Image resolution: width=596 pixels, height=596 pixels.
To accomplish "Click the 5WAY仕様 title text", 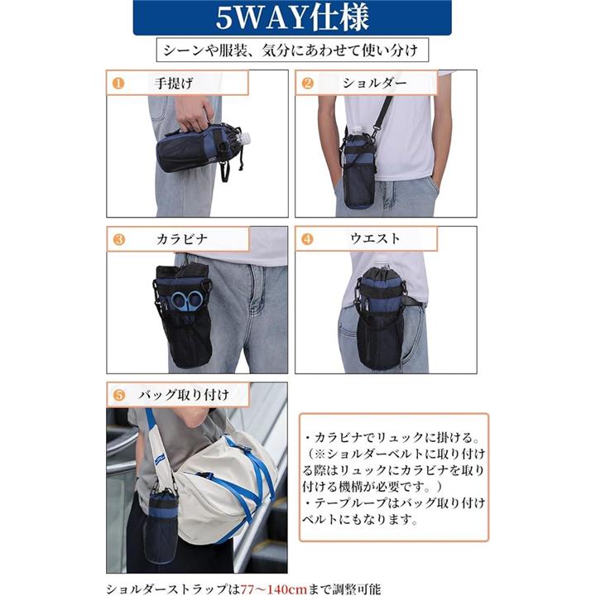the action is click(292, 17).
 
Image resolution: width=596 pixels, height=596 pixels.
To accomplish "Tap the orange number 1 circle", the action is click(118, 84).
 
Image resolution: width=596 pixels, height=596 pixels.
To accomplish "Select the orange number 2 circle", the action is click(307, 84).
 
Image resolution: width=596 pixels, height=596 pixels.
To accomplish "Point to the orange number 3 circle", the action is click(119, 239).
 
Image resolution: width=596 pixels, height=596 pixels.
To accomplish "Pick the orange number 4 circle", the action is click(307, 239).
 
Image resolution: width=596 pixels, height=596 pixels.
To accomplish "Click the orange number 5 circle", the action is click(119, 395).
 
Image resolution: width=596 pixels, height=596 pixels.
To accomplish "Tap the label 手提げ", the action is click(173, 84).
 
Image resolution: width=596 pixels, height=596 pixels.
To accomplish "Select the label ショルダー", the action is click(374, 83).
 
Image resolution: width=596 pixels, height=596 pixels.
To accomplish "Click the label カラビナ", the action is click(182, 239).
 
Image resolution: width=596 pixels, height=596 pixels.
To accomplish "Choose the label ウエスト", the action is click(375, 238).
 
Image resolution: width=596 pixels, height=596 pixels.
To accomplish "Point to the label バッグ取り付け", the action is click(184, 396).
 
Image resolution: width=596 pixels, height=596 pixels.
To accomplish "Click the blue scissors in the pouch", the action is click(187, 300).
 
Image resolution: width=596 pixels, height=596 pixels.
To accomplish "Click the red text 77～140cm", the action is click(274, 589).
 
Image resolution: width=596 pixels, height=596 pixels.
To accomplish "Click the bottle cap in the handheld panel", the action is click(245, 137).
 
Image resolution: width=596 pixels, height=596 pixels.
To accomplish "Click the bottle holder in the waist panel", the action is click(380, 317).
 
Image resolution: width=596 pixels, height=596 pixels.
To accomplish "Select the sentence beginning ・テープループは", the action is click(394, 511).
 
